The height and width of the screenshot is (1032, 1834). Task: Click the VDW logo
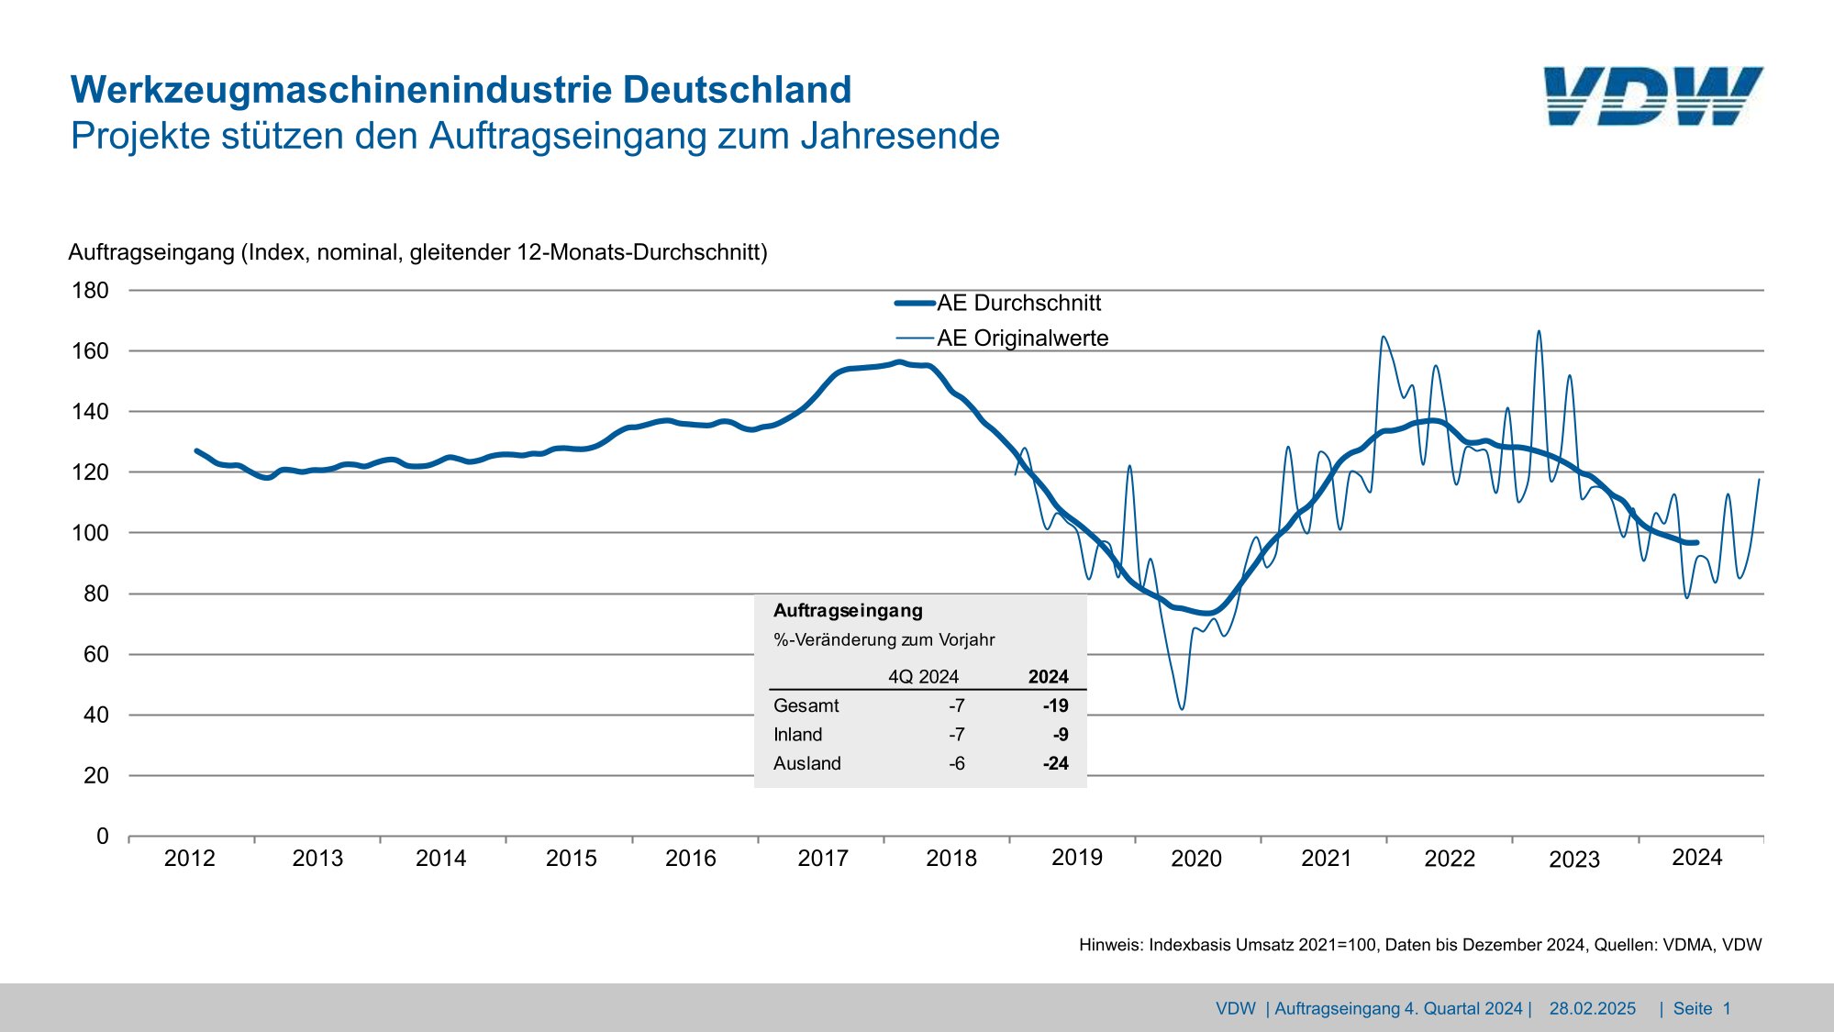click(x=1652, y=96)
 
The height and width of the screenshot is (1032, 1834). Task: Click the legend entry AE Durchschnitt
click(x=1018, y=303)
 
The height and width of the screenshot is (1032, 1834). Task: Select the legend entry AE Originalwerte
click(x=1022, y=338)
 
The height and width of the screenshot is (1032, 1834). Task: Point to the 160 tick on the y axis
click(x=90, y=351)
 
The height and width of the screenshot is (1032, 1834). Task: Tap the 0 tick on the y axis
click(x=102, y=837)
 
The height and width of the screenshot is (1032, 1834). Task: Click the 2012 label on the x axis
click(x=189, y=859)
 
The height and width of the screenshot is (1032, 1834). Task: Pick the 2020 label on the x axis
click(x=1196, y=859)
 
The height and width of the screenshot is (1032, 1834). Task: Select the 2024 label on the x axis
click(x=1696, y=858)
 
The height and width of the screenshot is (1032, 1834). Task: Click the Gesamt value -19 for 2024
click(x=1055, y=705)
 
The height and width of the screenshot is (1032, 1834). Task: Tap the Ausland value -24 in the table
click(x=1055, y=763)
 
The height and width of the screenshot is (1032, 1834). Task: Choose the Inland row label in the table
click(x=797, y=735)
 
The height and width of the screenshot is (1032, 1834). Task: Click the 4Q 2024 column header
click(x=923, y=677)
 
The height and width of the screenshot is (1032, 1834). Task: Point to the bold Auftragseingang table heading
click(x=848, y=611)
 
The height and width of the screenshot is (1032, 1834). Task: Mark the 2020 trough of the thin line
click(x=1182, y=708)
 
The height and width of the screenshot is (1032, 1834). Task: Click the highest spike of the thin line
click(x=1539, y=331)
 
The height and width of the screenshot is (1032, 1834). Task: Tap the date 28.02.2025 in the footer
click(x=1592, y=1009)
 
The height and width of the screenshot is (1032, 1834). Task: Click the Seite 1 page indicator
click(x=1701, y=1009)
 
